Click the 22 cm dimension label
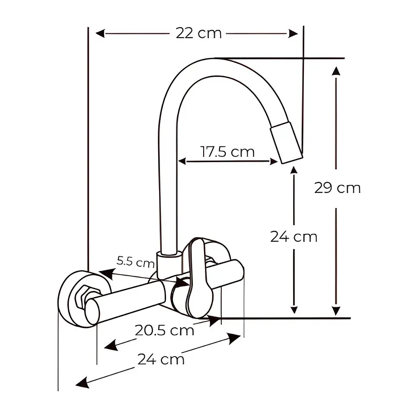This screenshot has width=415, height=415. [x=199, y=33]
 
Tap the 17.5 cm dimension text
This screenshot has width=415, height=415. [x=228, y=152]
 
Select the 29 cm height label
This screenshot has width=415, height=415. [x=338, y=188]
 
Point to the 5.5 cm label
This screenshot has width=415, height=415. [x=135, y=262]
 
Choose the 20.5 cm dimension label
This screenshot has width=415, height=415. [x=164, y=330]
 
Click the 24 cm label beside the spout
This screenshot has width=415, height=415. [x=294, y=236]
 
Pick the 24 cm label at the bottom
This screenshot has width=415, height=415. [x=161, y=359]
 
